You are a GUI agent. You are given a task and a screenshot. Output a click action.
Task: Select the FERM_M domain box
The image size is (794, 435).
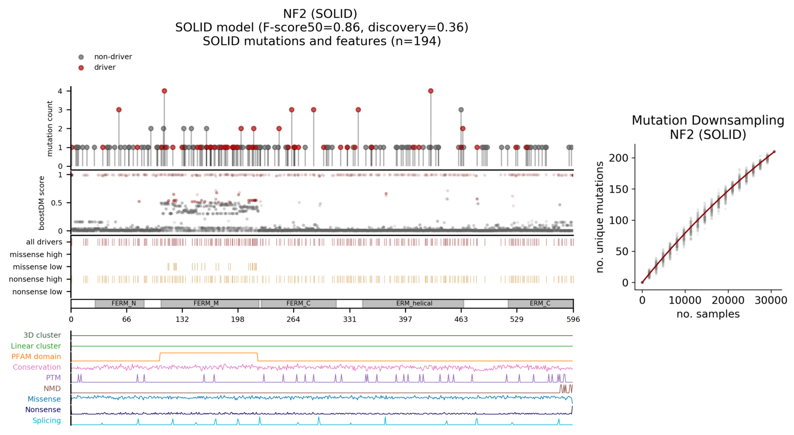click(210, 304)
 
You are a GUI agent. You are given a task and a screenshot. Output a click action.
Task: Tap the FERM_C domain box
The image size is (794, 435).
click(298, 304)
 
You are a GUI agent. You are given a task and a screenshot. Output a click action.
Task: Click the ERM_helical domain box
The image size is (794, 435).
click(413, 304)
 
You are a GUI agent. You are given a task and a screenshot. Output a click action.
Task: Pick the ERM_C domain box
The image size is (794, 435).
click(540, 304)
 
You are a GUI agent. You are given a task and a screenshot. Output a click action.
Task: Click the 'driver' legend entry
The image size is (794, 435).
click(104, 67)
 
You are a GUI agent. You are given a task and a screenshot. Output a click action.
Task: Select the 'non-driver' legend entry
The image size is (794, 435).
click(112, 57)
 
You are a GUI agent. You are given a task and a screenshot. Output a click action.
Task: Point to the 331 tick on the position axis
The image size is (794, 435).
click(350, 319)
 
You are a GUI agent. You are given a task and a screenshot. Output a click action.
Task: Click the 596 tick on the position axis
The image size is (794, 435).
click(573, 319)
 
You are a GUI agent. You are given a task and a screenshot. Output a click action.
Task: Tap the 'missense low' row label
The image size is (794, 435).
click(37, 267)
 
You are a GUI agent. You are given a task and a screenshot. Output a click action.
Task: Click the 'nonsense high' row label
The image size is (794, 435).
click(36, 279)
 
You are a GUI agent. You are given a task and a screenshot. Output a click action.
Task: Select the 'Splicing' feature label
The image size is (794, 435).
click(47, 421)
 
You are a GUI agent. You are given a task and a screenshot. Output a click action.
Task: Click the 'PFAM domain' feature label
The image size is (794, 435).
click(36, 357)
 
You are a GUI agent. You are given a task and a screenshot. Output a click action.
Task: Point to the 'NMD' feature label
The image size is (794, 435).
click(52, 388)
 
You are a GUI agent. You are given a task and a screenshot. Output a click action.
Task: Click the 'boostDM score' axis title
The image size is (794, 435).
click(42, 203)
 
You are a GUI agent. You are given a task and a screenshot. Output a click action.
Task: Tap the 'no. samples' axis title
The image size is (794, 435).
click(708, 314)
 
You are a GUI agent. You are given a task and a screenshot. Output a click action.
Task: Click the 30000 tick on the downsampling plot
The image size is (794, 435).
click(770, 301)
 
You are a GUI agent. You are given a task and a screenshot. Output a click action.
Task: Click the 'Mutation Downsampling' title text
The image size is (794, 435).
click(708, 120)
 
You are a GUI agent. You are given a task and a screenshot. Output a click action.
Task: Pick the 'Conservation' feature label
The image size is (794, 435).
click(37, 367)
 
